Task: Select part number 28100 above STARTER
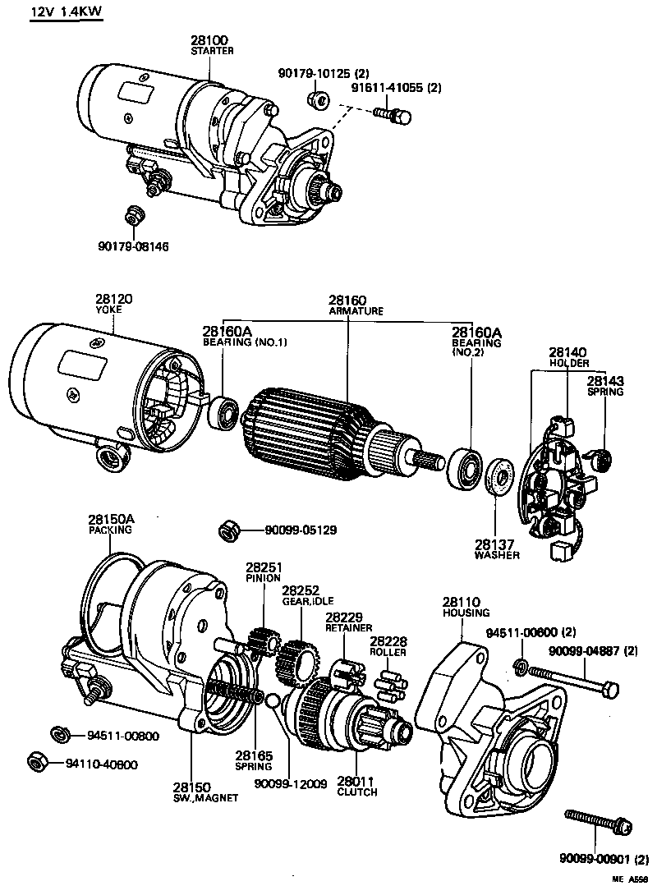(x=209, y=40)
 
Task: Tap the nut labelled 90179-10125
(x=319, y=99)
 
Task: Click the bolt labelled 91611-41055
(x=393, y=115)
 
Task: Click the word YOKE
(x=108, y=310)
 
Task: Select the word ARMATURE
(x=356, y=311)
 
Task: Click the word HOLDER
(x=569, y=363)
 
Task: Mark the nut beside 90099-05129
(x=230, y=530)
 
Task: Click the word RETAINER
(x=349, y=628)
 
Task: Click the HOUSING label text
(x=466, y=613)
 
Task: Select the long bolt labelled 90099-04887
(x=574, y=681)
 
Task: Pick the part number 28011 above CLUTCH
(x=356, y=782)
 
